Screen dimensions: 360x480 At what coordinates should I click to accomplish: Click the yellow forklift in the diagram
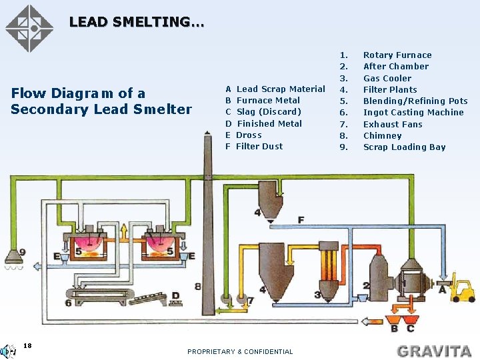tap(462, 290)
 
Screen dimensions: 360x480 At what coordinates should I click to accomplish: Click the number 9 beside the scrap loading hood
tap(23, 252)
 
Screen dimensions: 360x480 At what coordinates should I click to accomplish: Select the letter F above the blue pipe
tap(301, 219)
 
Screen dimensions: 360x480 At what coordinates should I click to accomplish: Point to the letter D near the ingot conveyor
tap(175, 295)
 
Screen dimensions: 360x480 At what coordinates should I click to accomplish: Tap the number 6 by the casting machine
tap(68, 303)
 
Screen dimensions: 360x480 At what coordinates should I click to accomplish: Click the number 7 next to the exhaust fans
tap(251, 301)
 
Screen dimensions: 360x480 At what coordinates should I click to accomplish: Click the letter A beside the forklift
tap(443, 289)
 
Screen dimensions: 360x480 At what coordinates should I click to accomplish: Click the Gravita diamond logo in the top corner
tap(29, 28)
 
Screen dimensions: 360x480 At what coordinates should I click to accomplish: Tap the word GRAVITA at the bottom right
tap(433, 350)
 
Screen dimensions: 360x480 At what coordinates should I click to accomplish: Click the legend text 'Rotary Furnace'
tap(397, 55)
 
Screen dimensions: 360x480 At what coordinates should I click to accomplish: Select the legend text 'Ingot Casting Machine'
tap(413, 113)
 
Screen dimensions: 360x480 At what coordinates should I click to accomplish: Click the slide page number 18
tap(27, 345)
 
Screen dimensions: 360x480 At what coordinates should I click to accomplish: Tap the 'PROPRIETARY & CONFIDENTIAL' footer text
tap(240, 351)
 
